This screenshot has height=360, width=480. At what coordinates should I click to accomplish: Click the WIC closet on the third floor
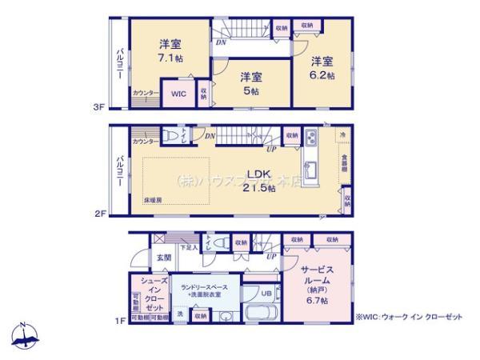[x=178, y=94]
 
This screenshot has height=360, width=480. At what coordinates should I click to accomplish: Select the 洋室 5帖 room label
[x=251, y=82]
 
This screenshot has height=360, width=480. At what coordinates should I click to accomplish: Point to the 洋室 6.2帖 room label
[x=321, y=66]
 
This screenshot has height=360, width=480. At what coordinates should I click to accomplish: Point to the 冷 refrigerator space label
[x=342, y=135]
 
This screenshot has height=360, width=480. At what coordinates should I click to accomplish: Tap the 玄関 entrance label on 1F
[x=163, y=257]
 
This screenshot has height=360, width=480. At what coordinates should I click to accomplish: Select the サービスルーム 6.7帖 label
[x=314, y=282]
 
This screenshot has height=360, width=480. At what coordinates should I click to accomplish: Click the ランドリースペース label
[x=204, y=290]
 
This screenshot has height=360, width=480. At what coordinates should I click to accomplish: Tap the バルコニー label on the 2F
[x=118, y=171]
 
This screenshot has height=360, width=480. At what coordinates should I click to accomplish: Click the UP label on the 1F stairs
[x=272, y=255]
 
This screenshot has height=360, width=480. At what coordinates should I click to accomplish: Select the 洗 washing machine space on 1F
[x=179, y=315]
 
